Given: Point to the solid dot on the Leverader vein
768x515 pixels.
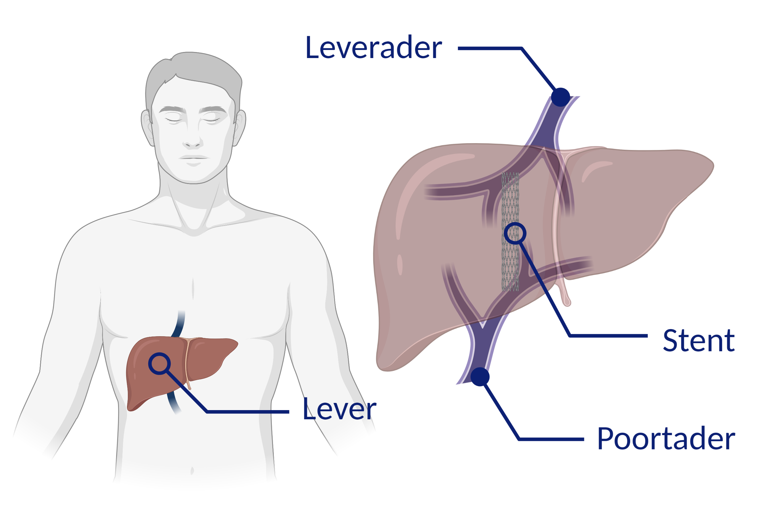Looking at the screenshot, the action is click(561, 97).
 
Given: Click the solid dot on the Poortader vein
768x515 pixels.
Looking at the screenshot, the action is click(480, 377).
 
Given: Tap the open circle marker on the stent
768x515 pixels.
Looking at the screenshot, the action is click(515, 233).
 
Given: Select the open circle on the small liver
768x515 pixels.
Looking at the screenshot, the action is click(159, 364).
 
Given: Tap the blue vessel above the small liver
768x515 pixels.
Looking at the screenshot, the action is click(179, 324).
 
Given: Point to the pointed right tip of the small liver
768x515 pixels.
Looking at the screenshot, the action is click(237, 343).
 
